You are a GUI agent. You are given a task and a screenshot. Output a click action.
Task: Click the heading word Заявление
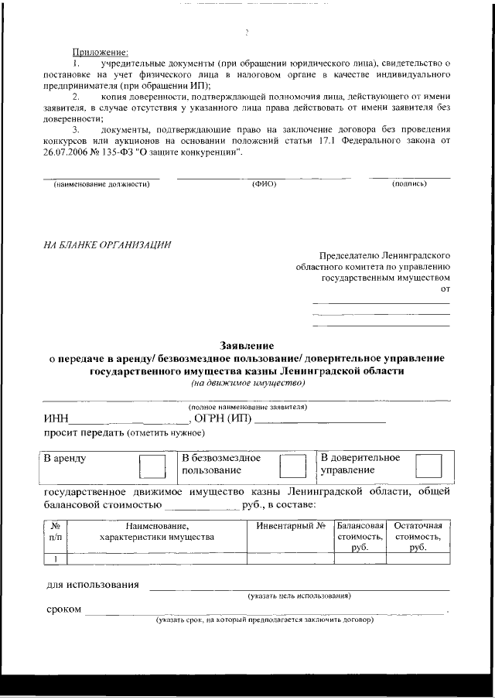click(247, 346)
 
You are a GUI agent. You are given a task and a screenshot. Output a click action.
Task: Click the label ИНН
click(59, 420)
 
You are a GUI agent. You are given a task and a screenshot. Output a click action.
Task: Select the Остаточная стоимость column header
click(418, 536)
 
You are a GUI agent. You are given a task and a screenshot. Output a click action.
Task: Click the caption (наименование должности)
click(100, 184)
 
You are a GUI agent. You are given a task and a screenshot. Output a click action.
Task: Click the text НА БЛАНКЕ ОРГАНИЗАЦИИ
click(107, 245)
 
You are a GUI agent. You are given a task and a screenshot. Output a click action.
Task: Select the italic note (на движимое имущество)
click(247, 382)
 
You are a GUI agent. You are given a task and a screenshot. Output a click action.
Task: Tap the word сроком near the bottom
click(63, 610)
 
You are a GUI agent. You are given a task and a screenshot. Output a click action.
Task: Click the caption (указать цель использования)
click(299, 596)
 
